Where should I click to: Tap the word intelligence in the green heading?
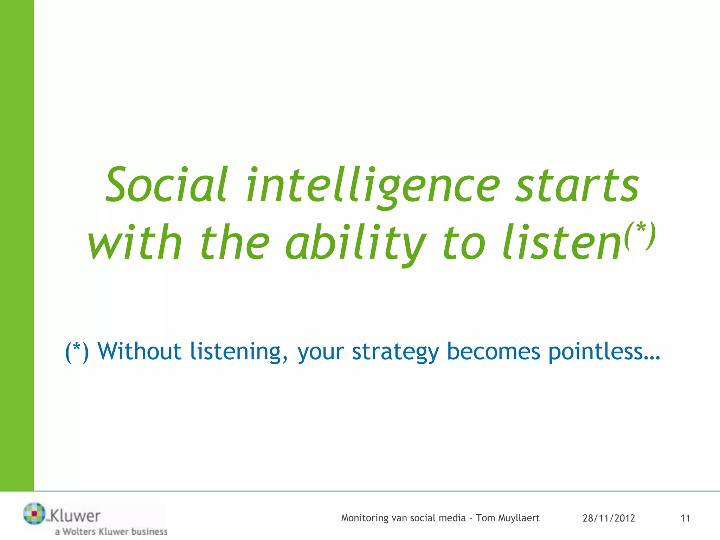[373, 186]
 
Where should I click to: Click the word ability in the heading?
[355, 243]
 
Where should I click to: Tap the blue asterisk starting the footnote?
[77, 349]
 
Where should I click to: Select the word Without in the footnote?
[139, 352]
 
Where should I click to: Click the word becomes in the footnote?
[493, 352]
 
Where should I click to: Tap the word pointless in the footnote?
[596, 352]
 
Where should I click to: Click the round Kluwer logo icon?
[34, 514]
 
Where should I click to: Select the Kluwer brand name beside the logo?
[75, 516]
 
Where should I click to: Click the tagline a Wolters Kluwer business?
[111, 532]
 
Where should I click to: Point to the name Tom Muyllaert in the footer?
[508, 518]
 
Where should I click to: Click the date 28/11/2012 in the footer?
[609, 518]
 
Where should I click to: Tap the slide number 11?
[685, 518]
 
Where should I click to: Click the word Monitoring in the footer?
[365, 518]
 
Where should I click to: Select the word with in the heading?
[135, 243]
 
